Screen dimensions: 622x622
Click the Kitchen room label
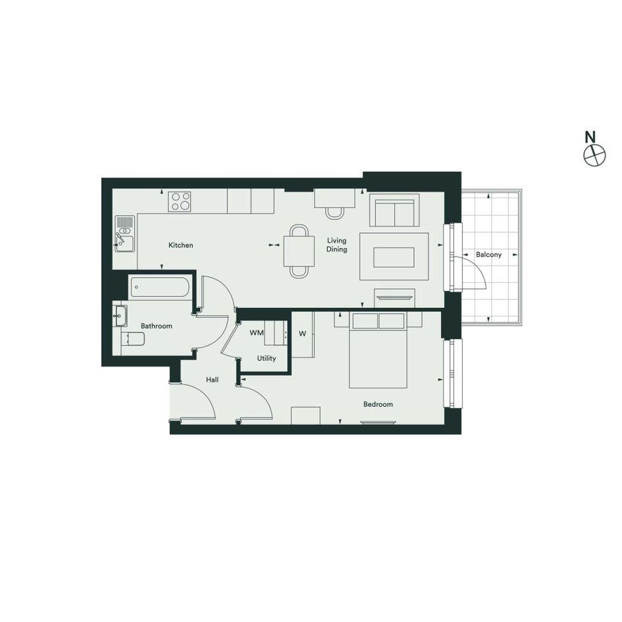point(180,245)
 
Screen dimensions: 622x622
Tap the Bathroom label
point(156,326)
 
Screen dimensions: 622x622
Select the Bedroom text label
point(378,404)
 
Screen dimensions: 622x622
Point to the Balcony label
point(488,255)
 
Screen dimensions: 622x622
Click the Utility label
point(266,359)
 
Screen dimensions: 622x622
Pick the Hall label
point(212,380)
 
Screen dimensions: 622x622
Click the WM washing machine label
point(256,333)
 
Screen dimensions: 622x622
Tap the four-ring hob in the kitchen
point(179,201)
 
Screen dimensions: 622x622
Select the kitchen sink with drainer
point(124,234)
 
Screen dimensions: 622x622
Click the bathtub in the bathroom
point(160,287)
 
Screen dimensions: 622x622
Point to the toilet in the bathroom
point(132,339)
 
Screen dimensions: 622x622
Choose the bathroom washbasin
point(120,316)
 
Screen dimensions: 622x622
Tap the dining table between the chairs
point(299,251)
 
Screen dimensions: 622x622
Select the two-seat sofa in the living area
point(394,210)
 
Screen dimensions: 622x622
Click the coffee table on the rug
point(394,257)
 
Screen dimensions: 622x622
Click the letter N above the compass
point(590,137)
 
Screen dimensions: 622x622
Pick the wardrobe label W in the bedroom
point(302,334)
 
